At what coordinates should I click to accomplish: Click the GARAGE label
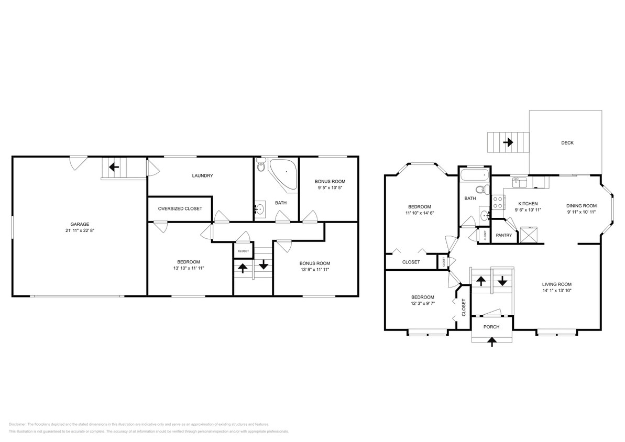(80, 224)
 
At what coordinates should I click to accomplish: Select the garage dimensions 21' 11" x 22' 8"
(80, 230)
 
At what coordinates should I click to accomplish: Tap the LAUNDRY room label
(202, 176)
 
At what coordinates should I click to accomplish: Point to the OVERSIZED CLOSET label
(180, 208)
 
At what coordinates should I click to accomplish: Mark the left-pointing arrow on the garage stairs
(114, 168)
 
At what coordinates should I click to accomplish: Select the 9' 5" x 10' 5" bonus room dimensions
(330, 187)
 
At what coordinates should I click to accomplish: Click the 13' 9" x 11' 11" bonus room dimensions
(315, 270)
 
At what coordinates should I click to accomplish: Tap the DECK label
(567, 142)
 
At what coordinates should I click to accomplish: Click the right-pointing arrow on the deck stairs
(507, 142)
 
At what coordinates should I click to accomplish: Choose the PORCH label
(491, 327)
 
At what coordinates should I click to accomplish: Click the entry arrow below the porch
(491, 342)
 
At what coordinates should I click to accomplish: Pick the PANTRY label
(503, 235)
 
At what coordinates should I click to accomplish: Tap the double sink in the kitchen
(520, 182)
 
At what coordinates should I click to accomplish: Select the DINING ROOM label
(582, 206)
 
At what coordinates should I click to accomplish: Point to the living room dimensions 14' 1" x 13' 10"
(556, 291)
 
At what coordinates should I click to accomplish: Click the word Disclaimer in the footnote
(17, 424)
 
